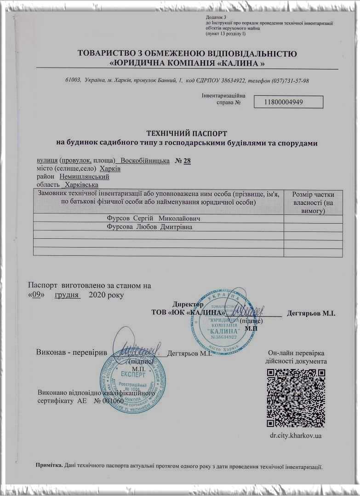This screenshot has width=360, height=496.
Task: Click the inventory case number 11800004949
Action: coord(284,102)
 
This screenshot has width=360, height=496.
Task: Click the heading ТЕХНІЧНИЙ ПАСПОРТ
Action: coord(186,133)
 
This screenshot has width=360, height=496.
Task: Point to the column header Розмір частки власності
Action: coord(313,202)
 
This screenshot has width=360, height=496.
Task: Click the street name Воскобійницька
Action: coord(145,161)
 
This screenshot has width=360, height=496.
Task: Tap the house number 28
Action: coord(187,161)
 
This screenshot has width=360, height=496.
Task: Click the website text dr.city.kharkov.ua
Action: coord(296,435)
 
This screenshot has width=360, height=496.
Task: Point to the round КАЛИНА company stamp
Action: coord(223,321)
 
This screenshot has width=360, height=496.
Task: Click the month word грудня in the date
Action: coord(67,294)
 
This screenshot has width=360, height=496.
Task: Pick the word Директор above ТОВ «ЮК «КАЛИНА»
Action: coord(188,304)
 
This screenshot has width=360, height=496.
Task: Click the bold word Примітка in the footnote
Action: coord(49,466)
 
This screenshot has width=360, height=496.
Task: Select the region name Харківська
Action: coord(81,185)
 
